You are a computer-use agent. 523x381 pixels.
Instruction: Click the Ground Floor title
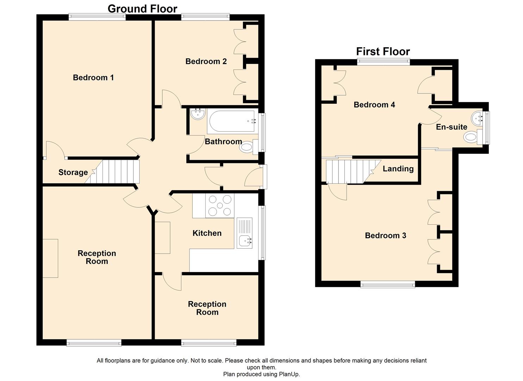(142, 9)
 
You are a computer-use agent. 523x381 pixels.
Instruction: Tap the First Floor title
(383, 52)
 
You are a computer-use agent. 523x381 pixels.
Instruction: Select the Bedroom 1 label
(93, 77)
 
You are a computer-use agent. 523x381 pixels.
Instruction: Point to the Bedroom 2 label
(206, 61)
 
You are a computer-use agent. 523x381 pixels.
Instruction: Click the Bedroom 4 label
(374, 104)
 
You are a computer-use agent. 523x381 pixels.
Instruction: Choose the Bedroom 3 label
(386, 235)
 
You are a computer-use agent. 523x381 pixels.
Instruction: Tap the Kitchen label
(207, 233)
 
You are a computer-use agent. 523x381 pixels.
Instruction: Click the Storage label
(73, 173)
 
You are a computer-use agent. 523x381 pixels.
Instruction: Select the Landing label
(398, 169)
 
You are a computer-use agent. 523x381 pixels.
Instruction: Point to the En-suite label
(452, 127)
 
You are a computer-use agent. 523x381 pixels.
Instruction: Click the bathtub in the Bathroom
(232, 121)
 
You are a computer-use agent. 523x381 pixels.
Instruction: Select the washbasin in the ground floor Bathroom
(198, 114)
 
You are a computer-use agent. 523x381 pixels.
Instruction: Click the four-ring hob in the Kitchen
(220, 206)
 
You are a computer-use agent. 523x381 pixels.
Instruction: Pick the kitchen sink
(244, 233)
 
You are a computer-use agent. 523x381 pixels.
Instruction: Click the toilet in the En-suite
(473, 137)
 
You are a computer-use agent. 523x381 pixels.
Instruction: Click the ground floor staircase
(112, 171)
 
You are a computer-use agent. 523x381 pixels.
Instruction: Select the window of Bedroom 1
(97, 17)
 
